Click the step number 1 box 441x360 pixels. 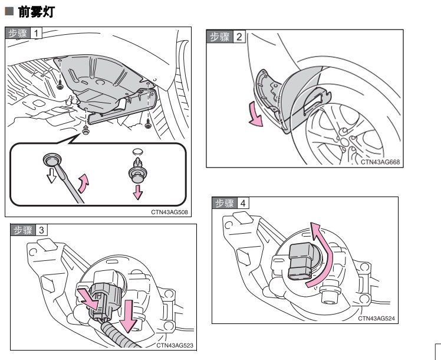[x=37, y=33]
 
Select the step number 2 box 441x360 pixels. [x=238, y=37]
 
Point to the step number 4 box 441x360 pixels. [x=242, y=202]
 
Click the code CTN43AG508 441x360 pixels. [x=169, y=212]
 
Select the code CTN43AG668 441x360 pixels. [x=380, y=161]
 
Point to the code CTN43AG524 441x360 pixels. [x=376, y=318]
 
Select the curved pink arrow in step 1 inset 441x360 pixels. [x=84, y=183]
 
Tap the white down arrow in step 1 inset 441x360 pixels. [x=51, y=175]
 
